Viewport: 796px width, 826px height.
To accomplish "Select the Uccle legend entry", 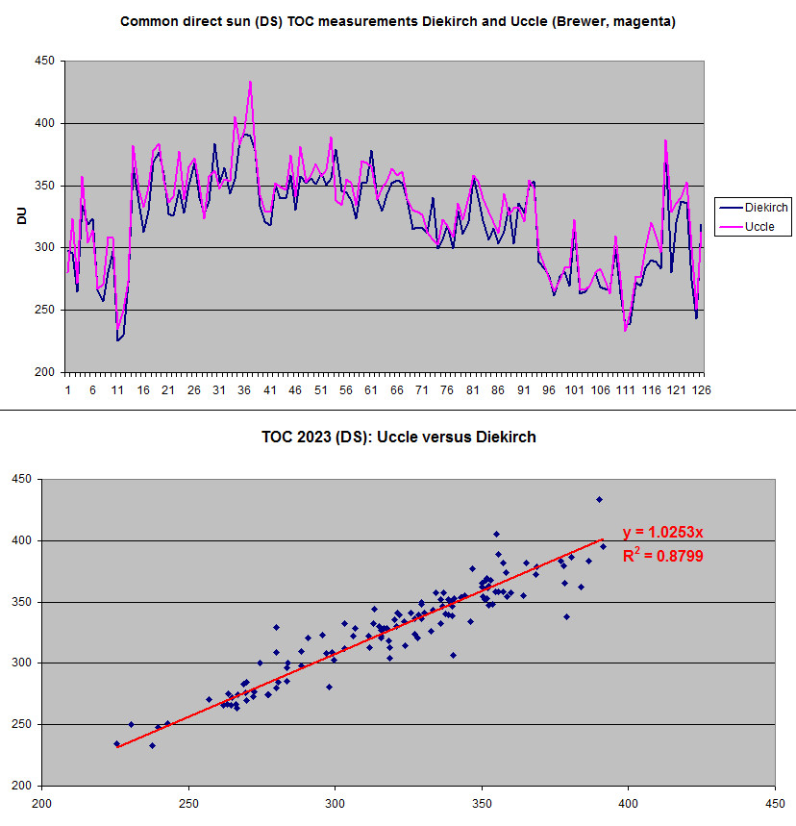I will tap(760, 228).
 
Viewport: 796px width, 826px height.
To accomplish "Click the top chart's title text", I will tap(398, 21).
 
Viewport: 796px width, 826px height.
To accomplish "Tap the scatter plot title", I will tap(398, 437).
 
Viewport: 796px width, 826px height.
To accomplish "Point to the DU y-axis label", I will tap(20, 217).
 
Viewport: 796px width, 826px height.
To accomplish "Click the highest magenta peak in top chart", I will tap(250, 82).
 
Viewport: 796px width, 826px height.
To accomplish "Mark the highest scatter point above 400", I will tap(599, 499).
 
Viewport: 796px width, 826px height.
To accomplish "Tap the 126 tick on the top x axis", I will tap(701, 390).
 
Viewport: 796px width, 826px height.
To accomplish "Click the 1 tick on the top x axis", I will tap(67, 390).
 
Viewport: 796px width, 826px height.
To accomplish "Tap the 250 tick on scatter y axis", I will tap(24, 724).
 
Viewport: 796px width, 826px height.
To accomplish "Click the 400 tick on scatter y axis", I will tap(24, 540).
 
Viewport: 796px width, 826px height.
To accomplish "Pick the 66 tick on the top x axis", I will tap(397, 390).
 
